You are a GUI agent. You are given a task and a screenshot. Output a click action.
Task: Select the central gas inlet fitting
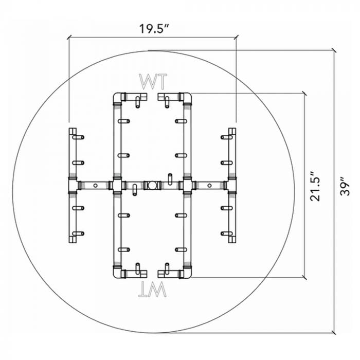pyautogui.click(x=151, y=185)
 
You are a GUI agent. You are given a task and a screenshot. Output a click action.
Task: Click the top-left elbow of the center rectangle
pyautogui.click(x=117, y=97)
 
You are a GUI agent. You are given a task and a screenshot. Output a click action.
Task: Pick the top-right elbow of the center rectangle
pyautogui.click(x=186, y=97)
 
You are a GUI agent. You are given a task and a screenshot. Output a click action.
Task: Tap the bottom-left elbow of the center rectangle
pyautogui.click(x=117, y=273)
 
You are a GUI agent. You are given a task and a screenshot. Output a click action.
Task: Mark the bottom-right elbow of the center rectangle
pyautogui.click(x=186, y=273)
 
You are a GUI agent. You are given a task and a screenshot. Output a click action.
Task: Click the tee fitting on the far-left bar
pyautogui.click(x=72, y=185)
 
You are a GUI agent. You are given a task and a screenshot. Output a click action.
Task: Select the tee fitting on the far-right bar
pyautogui.click(x=231, y=185)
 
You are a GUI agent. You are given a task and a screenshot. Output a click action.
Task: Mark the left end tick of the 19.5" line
pyautogui.click(x=69, y=37)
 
